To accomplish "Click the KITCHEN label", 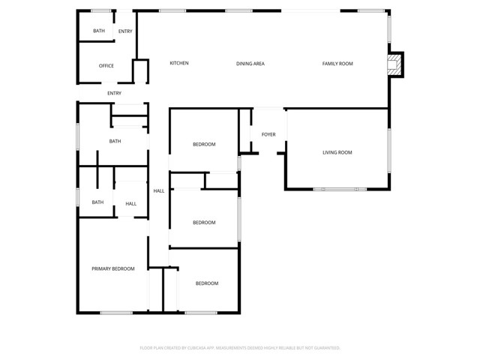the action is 179,63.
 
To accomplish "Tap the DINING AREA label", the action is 250,64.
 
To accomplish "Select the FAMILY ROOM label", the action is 337,64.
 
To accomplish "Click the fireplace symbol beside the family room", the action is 392,64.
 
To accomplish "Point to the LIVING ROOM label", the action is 337,152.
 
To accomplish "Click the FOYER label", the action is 268,134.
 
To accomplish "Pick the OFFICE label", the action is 106,66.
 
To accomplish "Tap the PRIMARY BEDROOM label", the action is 113,268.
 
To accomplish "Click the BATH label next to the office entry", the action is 99,31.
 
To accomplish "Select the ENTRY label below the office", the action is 114,93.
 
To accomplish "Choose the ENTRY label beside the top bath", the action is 125,31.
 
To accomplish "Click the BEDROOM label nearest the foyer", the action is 204,144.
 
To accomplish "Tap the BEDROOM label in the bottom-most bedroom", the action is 207,283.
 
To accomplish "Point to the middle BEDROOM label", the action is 204,223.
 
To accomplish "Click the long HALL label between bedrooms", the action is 159,191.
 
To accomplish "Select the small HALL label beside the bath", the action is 131,204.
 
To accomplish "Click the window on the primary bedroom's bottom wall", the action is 116,313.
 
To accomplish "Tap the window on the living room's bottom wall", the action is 340,190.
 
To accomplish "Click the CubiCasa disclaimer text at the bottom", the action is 240,348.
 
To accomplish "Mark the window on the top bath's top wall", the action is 101,11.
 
